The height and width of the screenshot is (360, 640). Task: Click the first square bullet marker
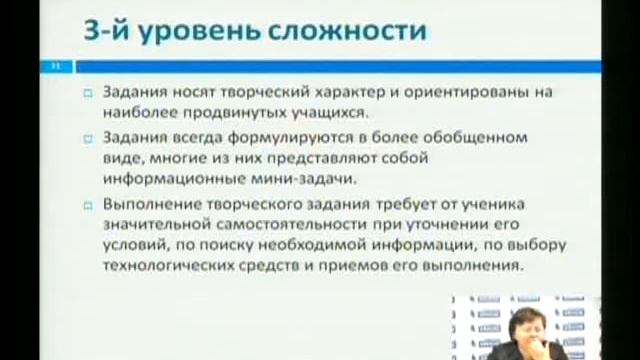87,92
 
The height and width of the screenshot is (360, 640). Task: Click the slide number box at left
57,67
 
